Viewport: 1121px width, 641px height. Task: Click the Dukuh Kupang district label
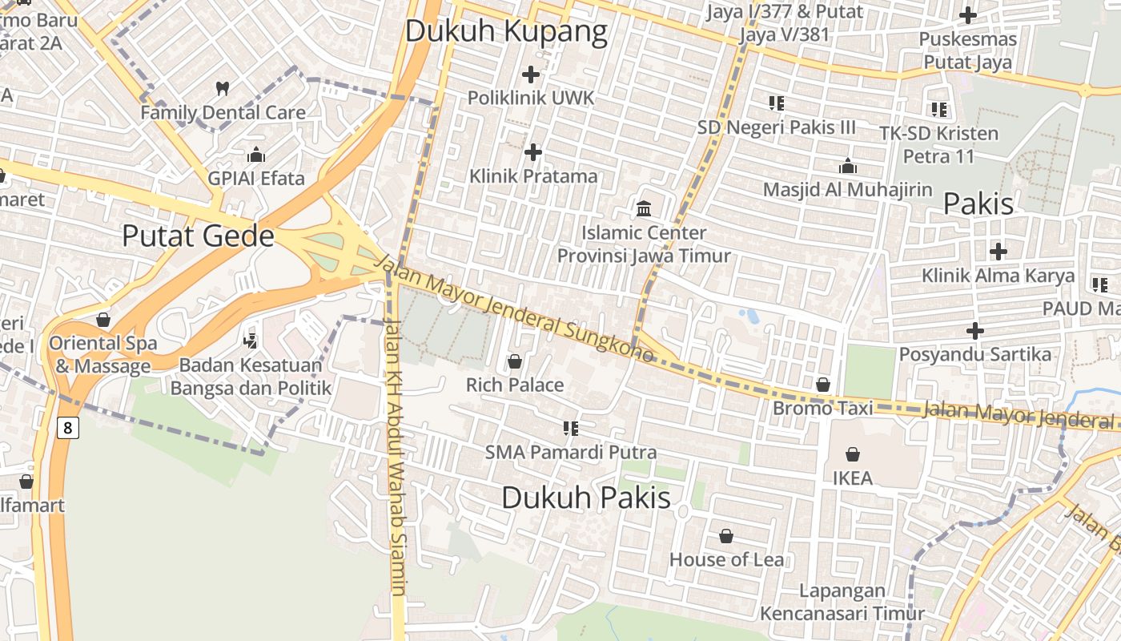pos(506,31)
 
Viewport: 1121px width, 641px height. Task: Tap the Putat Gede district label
pos(198,236)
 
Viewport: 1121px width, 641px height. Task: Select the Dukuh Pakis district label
pos(585,498)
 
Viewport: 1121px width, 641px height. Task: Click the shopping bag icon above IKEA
pos(853,455)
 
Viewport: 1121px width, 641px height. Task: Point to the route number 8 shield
pos(68,428)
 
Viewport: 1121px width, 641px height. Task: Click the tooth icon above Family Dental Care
pos(223,87)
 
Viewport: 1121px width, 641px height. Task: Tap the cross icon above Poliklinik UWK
pos(531,75)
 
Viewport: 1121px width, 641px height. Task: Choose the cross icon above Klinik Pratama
pos(533,152)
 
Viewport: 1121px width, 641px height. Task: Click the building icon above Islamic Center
pos(644,209)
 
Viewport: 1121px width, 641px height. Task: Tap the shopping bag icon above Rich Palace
pos(515,362)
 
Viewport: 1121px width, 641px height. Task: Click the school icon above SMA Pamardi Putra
pos(571,429)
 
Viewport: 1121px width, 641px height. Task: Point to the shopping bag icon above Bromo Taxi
pos(822,385)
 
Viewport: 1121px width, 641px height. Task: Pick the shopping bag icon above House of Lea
pos(726,536)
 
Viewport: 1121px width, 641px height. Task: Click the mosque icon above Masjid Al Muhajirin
pos(847,167)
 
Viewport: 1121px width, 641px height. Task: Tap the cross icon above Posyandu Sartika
pos(974,330)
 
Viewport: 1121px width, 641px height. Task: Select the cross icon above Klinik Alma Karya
pos(998,252)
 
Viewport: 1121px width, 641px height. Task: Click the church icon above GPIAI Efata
pos(256,155)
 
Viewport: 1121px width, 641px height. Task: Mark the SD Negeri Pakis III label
pos(776,127)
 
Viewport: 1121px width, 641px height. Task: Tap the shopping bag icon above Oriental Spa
pos(103,320)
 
